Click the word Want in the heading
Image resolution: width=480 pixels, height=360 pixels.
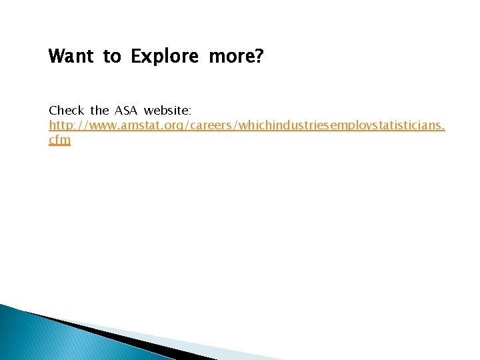point(70,57)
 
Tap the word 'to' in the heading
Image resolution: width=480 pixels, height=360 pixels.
point(111,57)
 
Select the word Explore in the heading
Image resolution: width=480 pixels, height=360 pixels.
point(165,57)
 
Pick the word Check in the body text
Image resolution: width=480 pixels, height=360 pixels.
point(67,109)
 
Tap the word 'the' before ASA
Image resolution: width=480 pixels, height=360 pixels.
point(99,109)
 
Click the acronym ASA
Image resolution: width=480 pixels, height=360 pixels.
point(126,109)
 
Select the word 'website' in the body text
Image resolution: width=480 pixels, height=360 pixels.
point(166,109)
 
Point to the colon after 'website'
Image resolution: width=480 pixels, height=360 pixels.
point(190,111)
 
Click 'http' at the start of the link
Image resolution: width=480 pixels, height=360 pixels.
point(60,125)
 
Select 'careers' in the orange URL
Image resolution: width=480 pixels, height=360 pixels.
point(201,125)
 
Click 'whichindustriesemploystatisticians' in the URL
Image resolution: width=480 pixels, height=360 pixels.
point(333,125)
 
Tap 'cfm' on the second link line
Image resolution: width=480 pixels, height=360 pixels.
point(59,141)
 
